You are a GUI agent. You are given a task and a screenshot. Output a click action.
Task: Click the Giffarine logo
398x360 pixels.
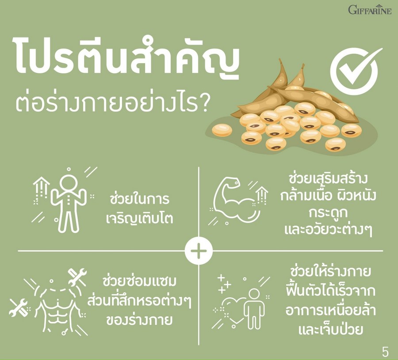click(370, 10)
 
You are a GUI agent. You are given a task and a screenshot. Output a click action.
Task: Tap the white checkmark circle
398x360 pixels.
click(355, 72)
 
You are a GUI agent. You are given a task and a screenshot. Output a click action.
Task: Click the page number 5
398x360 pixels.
click(385, 352)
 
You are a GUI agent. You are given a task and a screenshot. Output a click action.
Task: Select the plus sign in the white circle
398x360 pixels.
click(199, 251)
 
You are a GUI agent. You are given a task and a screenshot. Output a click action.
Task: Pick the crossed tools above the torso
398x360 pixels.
click(77, 277)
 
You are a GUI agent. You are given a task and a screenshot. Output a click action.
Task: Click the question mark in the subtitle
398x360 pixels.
click(203, 103)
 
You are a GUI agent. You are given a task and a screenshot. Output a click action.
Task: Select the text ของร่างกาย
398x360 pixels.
click(139, 319)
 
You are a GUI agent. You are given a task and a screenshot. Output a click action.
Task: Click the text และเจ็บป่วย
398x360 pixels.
click(330, 329)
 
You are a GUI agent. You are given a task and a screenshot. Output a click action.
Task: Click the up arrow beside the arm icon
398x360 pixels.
click(262, 195)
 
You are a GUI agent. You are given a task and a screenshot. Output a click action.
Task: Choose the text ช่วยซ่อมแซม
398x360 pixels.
click(139, 281)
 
